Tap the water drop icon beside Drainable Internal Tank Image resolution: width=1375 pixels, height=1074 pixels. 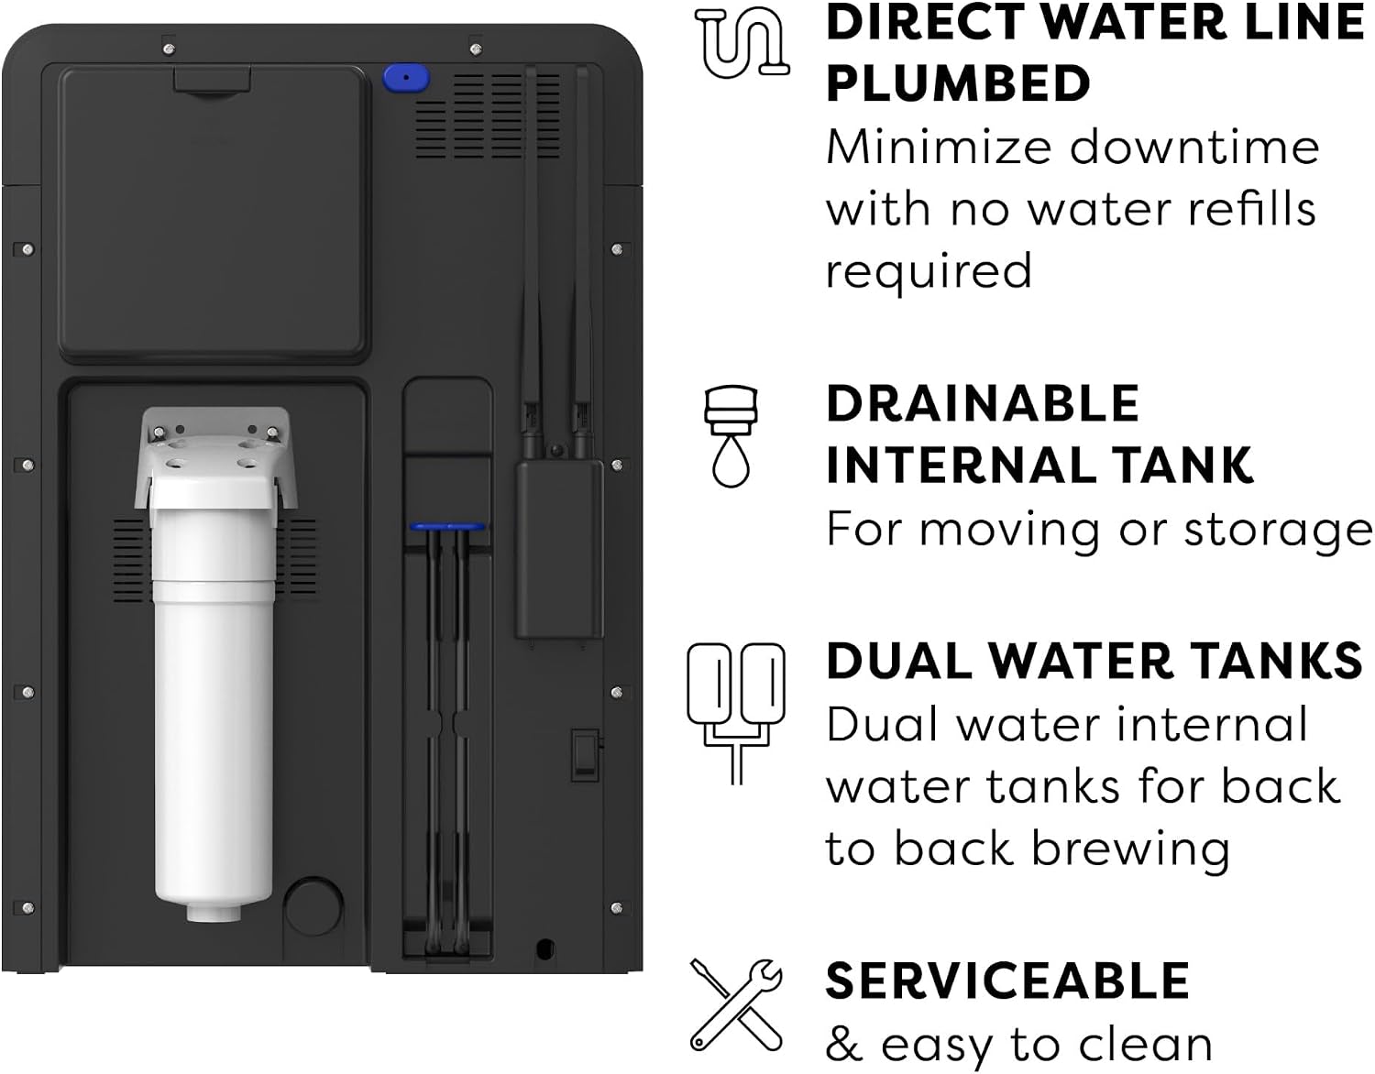tap(731, 435)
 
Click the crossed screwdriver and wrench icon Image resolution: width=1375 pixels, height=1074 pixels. tap(736, 1005)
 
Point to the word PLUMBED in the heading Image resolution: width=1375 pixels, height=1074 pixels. tap(958, 83)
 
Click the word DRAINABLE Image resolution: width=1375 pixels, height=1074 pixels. tap(983, 403)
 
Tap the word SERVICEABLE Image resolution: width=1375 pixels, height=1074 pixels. tap(1007, 981)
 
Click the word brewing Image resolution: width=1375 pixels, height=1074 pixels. tap(1131, 850)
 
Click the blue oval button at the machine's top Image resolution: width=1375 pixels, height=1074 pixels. tap(405, 79)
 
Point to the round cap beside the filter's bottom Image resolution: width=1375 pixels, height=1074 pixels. tap(313, 906)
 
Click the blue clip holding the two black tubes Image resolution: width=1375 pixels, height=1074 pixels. tap(447, 526)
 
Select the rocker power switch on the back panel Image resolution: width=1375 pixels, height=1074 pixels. tap(585, 755)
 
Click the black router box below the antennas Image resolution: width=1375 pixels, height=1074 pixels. tap(559, 549)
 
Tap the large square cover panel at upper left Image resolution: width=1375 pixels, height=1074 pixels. tap(214, 214)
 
